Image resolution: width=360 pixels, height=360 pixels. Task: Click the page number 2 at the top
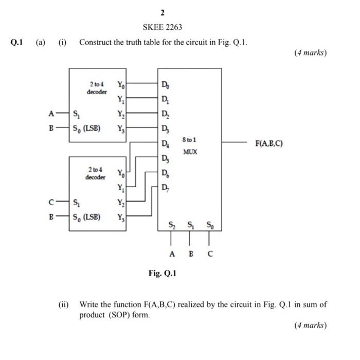click(162, 12)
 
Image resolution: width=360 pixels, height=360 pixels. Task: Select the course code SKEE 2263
click(162, 27)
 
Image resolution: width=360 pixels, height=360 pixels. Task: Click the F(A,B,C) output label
click(269, 143)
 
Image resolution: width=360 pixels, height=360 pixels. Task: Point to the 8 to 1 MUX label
click(190, 146)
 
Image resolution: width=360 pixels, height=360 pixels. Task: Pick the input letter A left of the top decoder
click(50, 114)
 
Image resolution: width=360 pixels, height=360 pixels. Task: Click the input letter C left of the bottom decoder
click(50, 202)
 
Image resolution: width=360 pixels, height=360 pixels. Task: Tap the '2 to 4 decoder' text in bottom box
click(96, 173)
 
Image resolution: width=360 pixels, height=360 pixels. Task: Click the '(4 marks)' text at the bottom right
click(310, 325)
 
